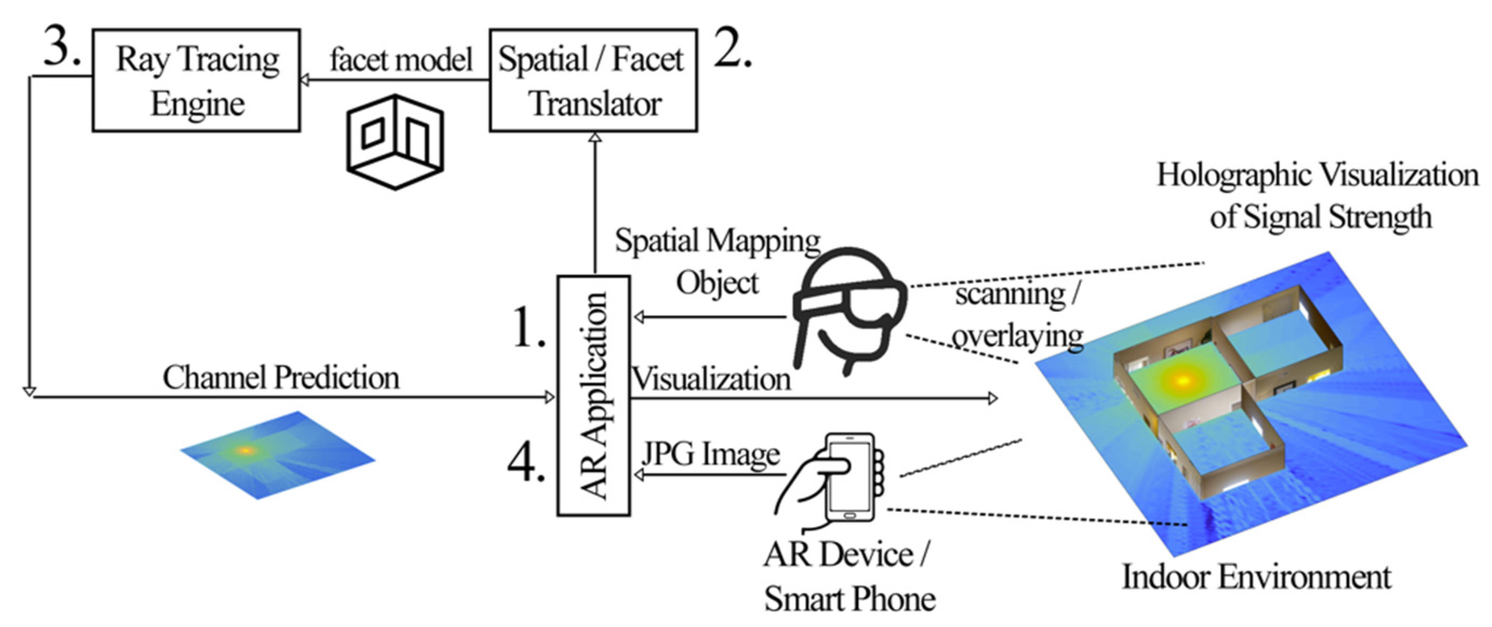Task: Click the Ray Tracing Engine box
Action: click(196, 81)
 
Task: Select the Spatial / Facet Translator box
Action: click(593, 81)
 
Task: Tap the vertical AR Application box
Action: click(594, 396)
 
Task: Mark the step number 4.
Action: click(527, 463)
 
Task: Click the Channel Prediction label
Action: click(281, 378)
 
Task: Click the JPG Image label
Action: click(711, 455)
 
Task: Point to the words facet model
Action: click(401, 60)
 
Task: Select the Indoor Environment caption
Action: click(1257, 578)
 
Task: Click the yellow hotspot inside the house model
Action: click(1182, 381)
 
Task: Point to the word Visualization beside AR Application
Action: click(711, 380)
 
